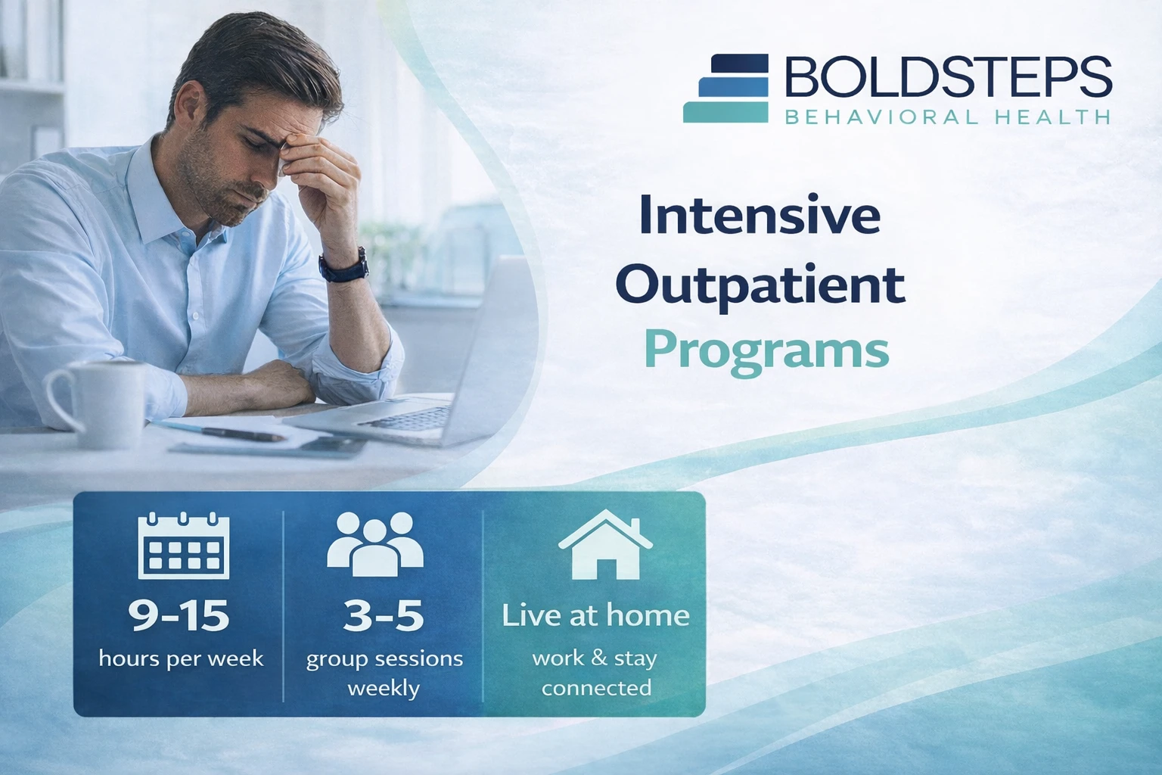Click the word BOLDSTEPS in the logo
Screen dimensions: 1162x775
pyautogui.click(x=948, y=77)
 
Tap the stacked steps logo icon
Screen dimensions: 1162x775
pyautogui.click(x=725, y=89)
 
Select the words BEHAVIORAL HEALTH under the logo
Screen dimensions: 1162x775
pyautogui.click(x=948, y=117)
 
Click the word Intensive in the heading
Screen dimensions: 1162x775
pyautogui.click(x=760, y=215)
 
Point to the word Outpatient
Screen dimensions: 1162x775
pyautogui.click(x=760, y=286)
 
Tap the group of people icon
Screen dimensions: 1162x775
pyautogui.click(x=375, y=544)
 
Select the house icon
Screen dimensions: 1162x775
pyautogui.click(x=605, y=544)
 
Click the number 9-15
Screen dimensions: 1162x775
pyautogui.click(x=179, y=615)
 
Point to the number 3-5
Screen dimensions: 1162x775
pyautogui.click(x=384, y=615)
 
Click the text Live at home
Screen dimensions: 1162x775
pyautogui.click(x=595, y=615)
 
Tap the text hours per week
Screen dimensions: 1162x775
pyautogui.click(x=181, y=658)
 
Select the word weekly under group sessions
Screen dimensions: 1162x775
pyautogui.click(x=384, y=689)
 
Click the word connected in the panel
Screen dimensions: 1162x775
pyautogui.click(x=596, y=688)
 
